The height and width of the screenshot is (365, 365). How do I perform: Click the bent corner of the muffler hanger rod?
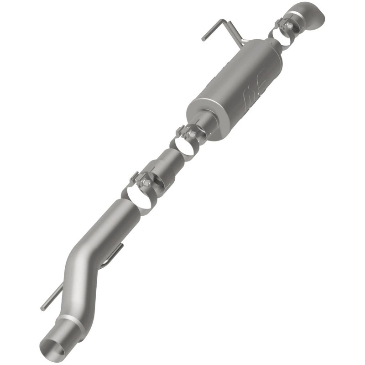(221, 21)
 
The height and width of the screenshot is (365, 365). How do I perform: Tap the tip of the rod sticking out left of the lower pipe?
(42, 308)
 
